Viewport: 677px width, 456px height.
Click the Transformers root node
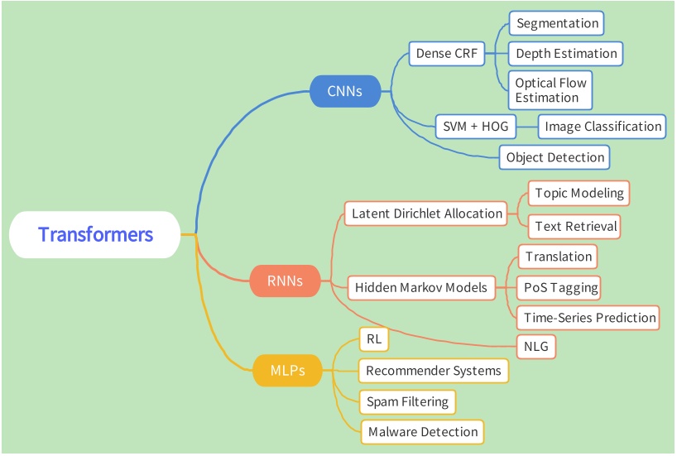(x=95, y=235)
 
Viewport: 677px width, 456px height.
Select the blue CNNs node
(x=344, y=91)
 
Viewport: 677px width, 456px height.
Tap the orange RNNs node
(x=285, y=281)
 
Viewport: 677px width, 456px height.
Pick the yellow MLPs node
(x=287, y=370)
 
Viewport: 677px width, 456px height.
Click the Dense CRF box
(x=447, y=55)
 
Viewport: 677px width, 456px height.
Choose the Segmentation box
(x=556, y=23)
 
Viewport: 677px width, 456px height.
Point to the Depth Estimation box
(x=566, y=54)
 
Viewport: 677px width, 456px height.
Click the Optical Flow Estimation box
(x=550, y=90)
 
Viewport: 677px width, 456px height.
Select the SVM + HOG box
(x=476, y=127)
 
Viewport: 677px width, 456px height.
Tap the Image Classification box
(x=602, y=127)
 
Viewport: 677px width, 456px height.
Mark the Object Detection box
(x=555, y=157)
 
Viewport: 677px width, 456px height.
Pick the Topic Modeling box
(x=579, y=194)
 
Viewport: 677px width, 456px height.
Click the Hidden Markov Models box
(x=421, y=288)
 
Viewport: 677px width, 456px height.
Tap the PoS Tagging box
(x=559, y=287)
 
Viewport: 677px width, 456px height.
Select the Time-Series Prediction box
(x=589, y=318)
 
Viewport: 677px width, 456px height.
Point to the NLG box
(x=536, y=347)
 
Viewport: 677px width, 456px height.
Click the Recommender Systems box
(x=434, y=371)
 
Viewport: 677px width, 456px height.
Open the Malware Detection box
(x=422, y=432)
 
